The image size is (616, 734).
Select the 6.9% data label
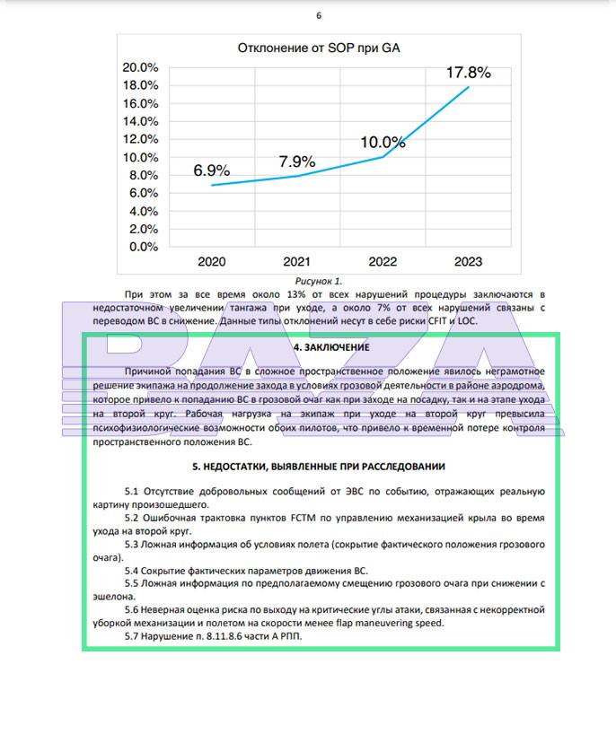coord(211,170)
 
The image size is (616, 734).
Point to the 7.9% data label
coord(296,162)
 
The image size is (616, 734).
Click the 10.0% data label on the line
coord(383,142)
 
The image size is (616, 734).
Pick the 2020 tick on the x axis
coord(211,262)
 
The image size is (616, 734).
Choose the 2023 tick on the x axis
coord(468,262)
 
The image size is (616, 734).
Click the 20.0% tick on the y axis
coord(140,67)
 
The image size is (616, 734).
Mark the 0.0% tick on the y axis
coord(143,246)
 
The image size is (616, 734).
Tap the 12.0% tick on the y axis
coord(140,139)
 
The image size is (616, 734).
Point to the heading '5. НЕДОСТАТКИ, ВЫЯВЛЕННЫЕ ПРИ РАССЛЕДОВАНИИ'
coord(319,467)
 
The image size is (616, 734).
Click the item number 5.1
coord(131,492)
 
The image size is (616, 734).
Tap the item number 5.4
coord(131,570)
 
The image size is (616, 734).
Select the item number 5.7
coord(131,636)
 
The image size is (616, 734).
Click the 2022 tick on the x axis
coord(383,262)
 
